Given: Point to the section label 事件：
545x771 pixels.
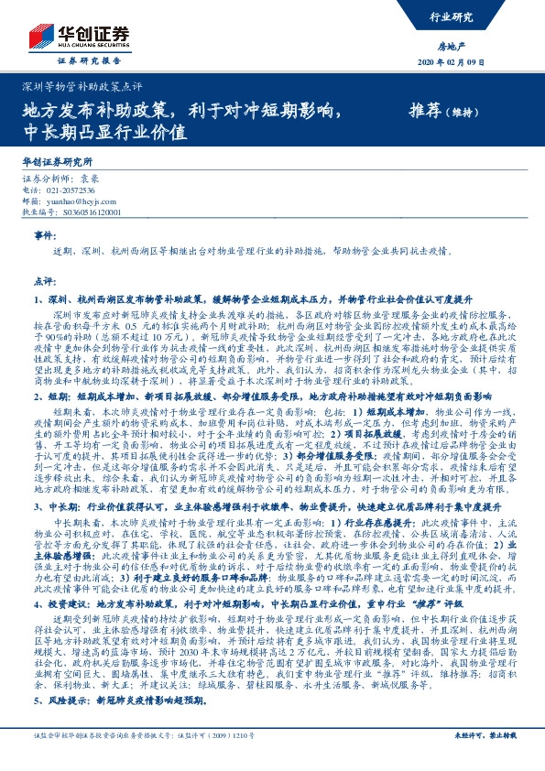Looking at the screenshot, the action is pos(45,235).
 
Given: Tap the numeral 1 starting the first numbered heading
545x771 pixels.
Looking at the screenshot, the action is pos(37,299).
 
